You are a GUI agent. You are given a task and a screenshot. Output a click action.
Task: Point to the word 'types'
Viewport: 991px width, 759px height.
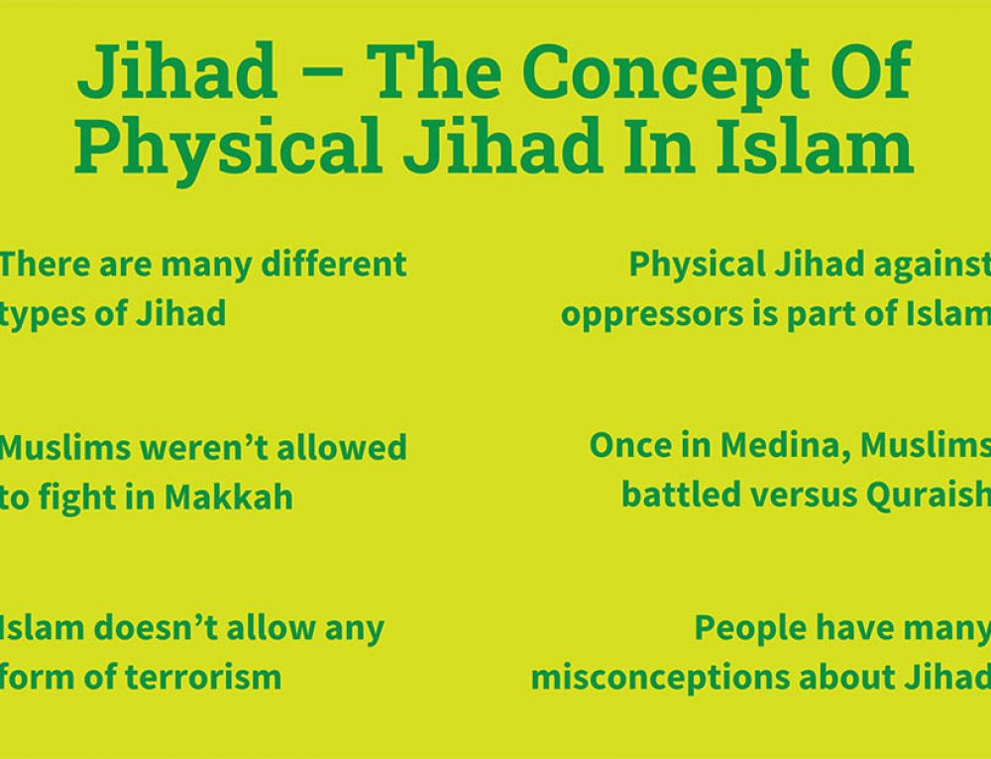42,315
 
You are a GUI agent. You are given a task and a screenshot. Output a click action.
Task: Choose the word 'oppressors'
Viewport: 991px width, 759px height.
652,315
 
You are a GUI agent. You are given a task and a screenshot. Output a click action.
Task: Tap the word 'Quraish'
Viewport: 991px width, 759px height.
929,495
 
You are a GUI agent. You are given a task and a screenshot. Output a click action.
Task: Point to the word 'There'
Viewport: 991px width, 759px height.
45,265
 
